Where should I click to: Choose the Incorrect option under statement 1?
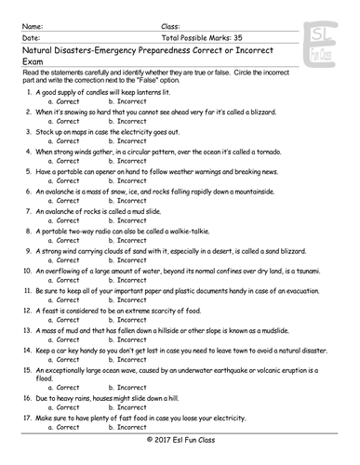pos(127,104)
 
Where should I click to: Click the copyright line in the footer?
pos(180,458)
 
